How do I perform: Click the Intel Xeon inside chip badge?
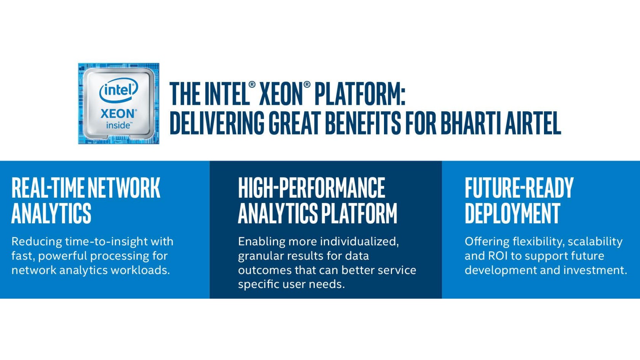118,104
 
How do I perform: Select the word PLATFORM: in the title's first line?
360,93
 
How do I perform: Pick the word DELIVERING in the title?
217,123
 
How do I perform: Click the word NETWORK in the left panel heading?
124,188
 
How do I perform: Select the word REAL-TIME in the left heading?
48,188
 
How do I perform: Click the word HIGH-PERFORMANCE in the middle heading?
312,188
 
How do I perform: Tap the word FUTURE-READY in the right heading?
519,188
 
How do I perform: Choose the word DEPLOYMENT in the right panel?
513,213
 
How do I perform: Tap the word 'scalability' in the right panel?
595,242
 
